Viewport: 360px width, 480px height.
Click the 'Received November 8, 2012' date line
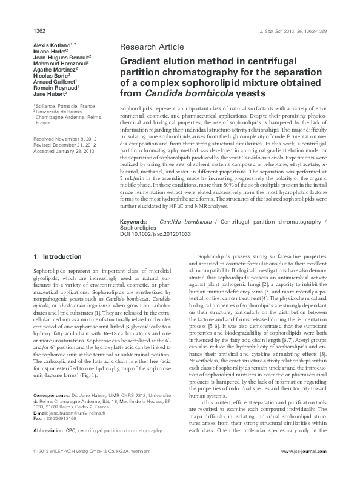65,139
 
